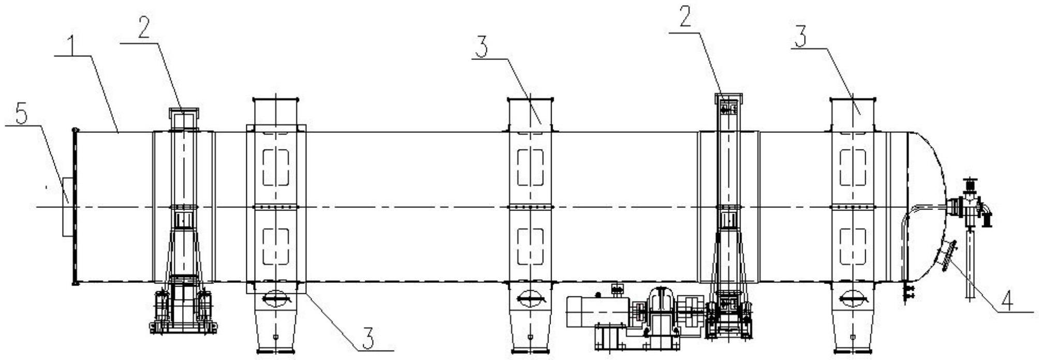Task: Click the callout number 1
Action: pos(75,46)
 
